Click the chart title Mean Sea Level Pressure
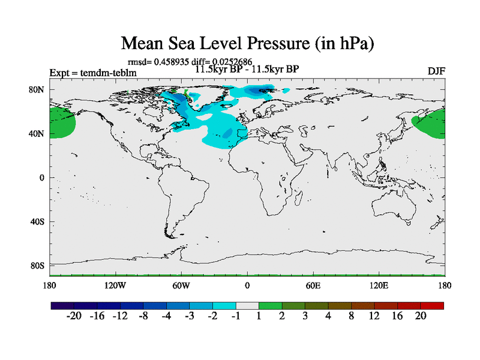tap(248, 43)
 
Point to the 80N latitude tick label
tap(38, 89)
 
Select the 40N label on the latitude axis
tap(38, 133)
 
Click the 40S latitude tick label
tap(38, 221)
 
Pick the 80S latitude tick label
tap(38, 265)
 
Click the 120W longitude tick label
tap(115, 285)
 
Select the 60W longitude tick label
tap(181, 285)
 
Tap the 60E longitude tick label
tap(313, 285)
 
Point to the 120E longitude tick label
tap(379, 285)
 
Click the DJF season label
tap(436, 71)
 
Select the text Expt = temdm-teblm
tap(94, 73)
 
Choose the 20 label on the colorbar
tap(421, 316)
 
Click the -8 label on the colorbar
tap(143, 316)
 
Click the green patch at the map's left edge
tap(62, 122)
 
